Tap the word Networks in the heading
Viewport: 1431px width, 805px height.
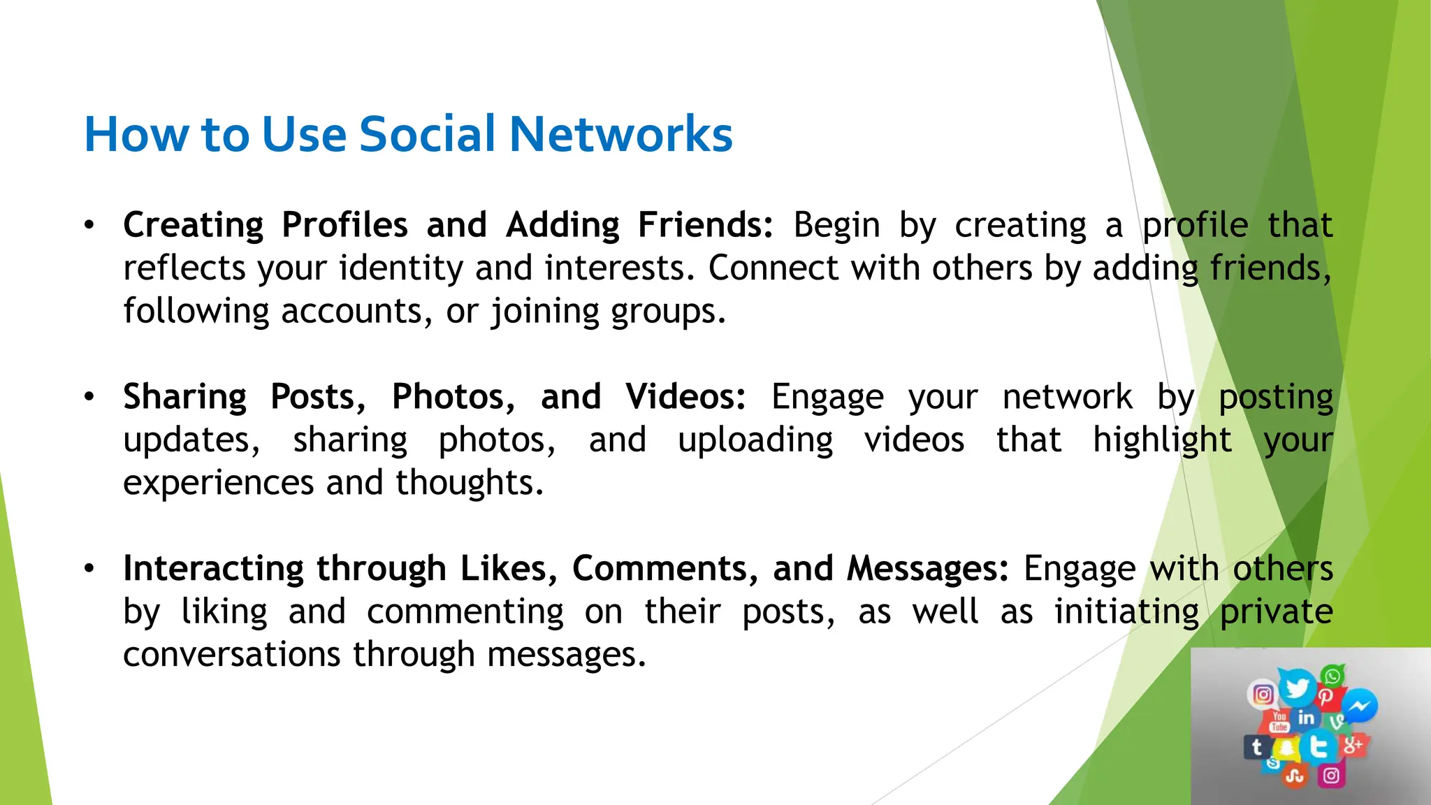[621, 133]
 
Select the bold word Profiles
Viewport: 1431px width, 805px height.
[344, 225]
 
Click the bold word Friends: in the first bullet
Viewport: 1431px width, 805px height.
[705, 225]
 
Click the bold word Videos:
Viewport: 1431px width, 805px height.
[685, 397]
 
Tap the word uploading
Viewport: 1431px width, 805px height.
[755, 440]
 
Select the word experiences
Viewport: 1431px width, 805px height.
[219, 483]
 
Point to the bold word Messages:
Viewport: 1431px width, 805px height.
[928, 569]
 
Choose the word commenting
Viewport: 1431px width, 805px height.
[465, 612]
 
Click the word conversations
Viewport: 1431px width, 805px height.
[232, 655]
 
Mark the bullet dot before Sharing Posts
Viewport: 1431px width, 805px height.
[89, 397]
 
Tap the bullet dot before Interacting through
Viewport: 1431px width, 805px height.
[89, 569]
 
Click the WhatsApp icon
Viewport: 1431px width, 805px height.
[1332, 676]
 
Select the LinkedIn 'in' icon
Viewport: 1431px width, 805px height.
[1306, 718]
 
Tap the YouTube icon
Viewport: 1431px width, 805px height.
[1279, 721]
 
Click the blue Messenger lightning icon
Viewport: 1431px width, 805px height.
[1360, 706]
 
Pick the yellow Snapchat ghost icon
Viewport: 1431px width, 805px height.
[1286, 749]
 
